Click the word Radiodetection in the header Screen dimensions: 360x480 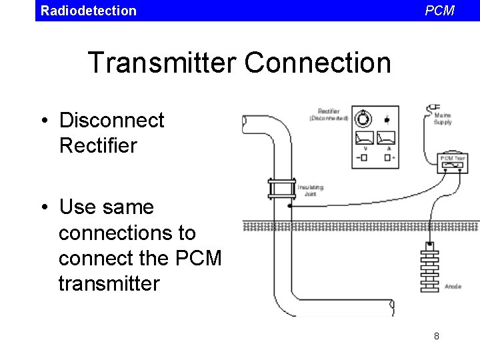pyautogui.click(x=88, y=11)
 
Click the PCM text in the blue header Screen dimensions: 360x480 pyautogui.click(x=439, y=11)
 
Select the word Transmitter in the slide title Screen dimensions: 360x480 pyautogui.click(x=161, y=63)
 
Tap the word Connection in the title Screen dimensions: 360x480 pyautogui.click(x=317, y=63)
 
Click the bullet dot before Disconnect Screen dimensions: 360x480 pyautogui.click(x=43, y=121)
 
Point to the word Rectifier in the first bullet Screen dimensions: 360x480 pyautogui.click(x=98, y=145)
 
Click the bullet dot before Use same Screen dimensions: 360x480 pyautogui.click(x=43, y=208)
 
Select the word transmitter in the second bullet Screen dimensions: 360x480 pyautogui.click(x=109, y=283)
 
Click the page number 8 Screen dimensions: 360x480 pyautogui.click(x=437, y=336)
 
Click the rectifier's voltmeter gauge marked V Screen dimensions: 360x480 pyautogui.click(x=364, y=138)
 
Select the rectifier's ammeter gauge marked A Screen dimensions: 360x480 pyautogui.click(x=387, y=138)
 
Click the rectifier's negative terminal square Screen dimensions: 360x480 pyautogui.click(x=365, y=157)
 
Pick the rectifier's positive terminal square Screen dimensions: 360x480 pyautogui.click(x=387, y=157)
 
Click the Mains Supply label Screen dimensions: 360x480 pyautogui.click(x=443, y=119)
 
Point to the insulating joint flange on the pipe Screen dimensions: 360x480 pyautogui.click(x=281, y=189)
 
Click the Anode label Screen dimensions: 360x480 pyautogui.click(x=453, y=287)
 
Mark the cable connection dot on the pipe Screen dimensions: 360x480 pyautogui.click(x=289, y=205)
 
